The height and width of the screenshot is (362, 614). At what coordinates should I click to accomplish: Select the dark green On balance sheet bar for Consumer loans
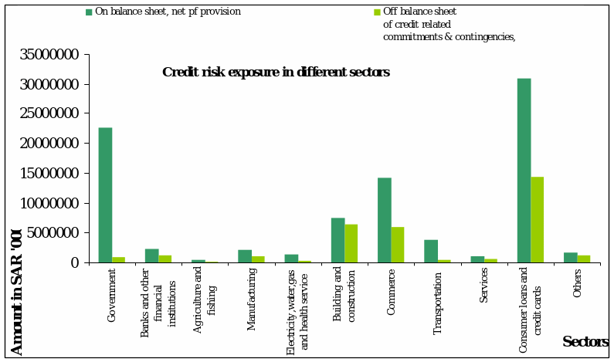click(x=524, y=170)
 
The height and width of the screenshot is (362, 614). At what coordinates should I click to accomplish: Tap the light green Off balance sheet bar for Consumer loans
click(x=537, y=219)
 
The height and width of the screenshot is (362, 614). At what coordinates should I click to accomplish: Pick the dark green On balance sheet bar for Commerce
click(x=384, y=220)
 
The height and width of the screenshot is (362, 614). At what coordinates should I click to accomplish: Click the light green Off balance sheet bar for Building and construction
click(x=351, y=243)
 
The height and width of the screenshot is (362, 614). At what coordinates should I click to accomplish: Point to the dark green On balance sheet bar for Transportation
click(x=431, y=251)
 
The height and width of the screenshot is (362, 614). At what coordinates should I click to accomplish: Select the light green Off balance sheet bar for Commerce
click(x=398, y=245)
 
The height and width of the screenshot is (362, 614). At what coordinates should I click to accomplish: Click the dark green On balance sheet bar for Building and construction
click(x=338, y=240)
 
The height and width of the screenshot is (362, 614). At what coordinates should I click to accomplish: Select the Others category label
click(x=577, y=283)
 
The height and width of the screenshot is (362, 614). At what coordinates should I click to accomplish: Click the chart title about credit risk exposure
click(x=276, y=73)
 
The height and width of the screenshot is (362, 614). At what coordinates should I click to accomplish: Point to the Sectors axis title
click(x=585, y=342)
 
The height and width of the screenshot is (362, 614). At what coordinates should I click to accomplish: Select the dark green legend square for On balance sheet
click(x=89, y=12)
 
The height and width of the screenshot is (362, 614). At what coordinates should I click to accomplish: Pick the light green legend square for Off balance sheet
click(x=377, y=12)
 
